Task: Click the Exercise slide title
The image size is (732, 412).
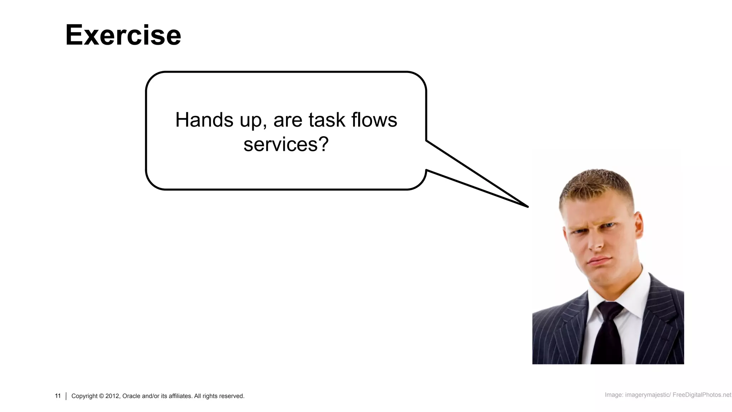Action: (123, 35)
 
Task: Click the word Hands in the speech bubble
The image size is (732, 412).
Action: (204, 120)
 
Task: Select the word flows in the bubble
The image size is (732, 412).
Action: (374, 120)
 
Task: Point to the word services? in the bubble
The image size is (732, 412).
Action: (286, 144)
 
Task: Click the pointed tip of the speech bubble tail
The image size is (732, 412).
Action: (527, 206)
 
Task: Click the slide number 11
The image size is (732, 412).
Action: (58, 396)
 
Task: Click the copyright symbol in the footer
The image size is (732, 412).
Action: (101, 396)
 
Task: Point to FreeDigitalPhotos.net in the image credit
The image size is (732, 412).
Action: (702, 395)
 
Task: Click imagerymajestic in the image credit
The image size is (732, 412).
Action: (647, 395)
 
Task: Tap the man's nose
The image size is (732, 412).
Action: (595, 243)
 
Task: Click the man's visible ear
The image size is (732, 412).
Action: (638, 225)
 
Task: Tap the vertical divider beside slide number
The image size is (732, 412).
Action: (66, 396)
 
